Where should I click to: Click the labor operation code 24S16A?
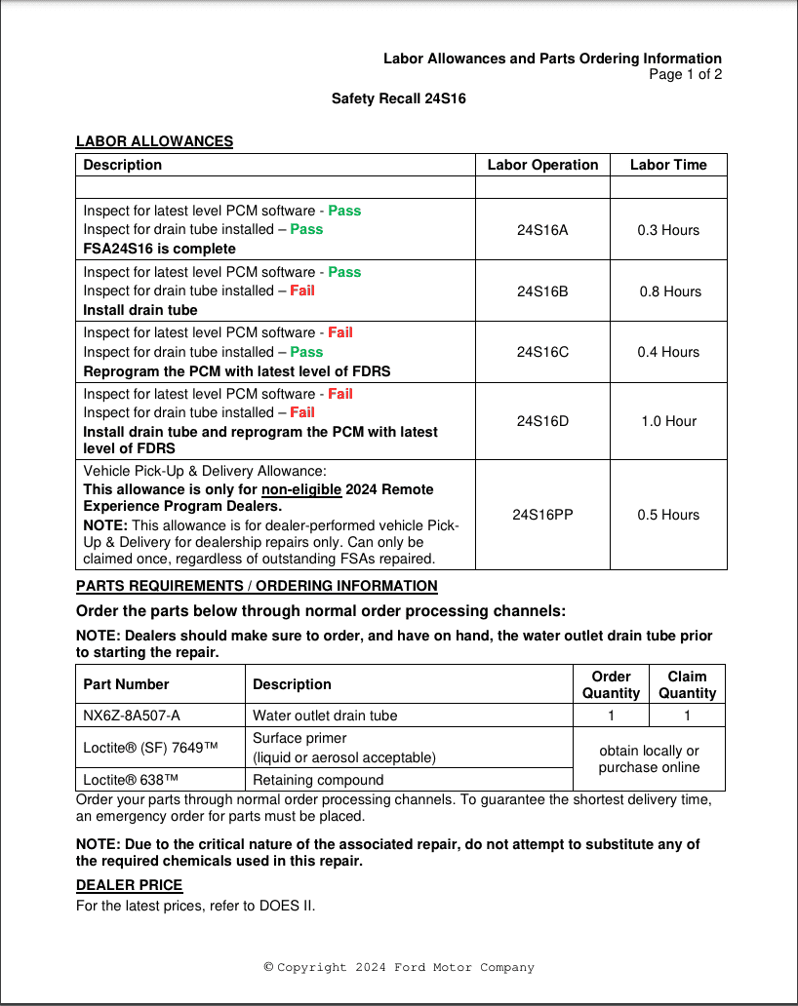click(x=541, y=230)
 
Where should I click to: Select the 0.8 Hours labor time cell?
click(x=669, y=291)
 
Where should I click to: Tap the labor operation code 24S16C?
click(x=541, y=352)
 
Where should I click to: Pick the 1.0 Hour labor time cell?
click(x=669, y=421)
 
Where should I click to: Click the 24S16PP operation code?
click(x=542, y=515)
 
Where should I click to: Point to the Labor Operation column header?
click(x=542, y=165)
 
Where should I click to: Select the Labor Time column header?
click(x=668, y=165)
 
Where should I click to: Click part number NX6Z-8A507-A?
click(x=132, y=716)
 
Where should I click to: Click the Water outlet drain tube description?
click(x=325, y=716)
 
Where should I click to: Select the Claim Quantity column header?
click(x=687, y=684)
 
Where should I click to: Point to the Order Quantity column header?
click(x=611, y=684)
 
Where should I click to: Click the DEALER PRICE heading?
click(x=129, y=885)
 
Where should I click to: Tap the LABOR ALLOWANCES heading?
click(x=154, y=141)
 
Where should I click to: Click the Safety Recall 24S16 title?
click(x=398, y=98)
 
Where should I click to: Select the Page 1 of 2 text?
click(x=685, y=75)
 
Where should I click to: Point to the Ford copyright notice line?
click(x=399, y=967)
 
